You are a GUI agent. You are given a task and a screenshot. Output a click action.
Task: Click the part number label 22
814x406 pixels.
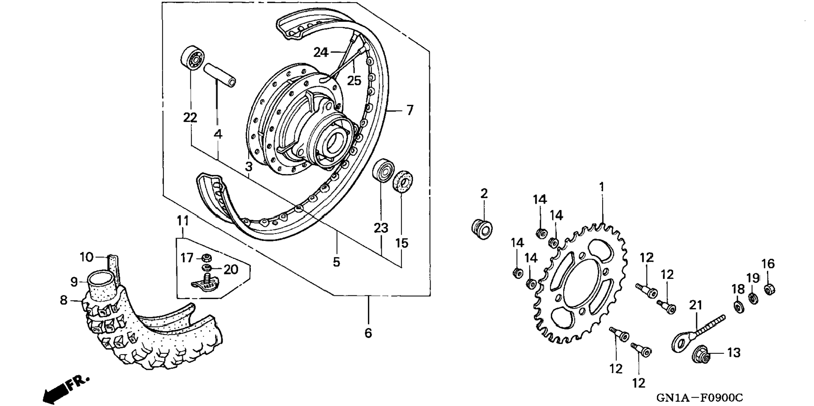pos(190,118)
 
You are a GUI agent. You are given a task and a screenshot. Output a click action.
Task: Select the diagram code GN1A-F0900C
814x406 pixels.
pos(700,397)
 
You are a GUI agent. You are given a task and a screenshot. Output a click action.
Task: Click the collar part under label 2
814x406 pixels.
pos(482,229)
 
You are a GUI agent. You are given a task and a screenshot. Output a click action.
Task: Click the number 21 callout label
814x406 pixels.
pos(695,305)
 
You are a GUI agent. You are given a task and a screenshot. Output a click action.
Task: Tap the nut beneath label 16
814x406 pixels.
pos(769,289)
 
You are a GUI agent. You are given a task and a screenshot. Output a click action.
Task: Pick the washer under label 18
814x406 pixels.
pos(738,306)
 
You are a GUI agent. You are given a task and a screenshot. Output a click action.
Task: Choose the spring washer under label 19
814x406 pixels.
pos(753,298)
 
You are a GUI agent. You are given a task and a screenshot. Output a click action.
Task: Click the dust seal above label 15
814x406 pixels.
pos(403,181)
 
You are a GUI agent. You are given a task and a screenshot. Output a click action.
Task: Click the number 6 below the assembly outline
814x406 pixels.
pos(368,333)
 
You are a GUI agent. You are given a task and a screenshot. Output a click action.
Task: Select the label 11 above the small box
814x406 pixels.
pos(183,220)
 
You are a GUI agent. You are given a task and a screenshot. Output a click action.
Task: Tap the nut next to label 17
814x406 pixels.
pos(206,258)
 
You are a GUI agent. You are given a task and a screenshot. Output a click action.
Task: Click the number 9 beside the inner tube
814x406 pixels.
pos(74,282)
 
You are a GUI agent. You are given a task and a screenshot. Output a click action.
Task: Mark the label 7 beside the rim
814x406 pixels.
pos(410,111)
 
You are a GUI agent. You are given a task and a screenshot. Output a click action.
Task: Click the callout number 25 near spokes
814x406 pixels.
pos(354,80)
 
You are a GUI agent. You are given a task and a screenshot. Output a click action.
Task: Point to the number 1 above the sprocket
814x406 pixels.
pos(601,187)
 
